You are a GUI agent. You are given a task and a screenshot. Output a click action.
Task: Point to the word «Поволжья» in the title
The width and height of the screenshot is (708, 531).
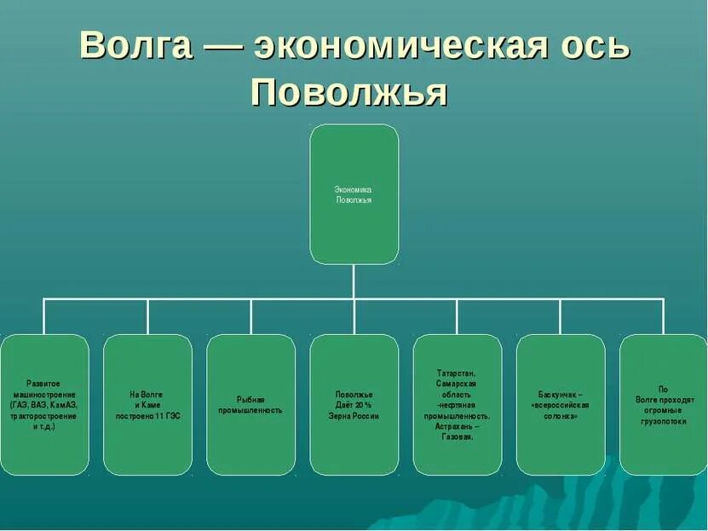pos(349,93)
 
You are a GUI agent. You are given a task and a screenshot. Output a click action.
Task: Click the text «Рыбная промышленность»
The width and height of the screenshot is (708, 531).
pos(250,405)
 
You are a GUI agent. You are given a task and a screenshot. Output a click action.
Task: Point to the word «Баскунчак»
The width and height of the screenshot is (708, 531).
pos(556,395)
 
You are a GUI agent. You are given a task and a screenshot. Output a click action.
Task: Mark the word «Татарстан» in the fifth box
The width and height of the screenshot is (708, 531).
pos(458,373)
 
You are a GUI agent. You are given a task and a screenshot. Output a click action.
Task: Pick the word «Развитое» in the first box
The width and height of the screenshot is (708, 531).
pos(43,384)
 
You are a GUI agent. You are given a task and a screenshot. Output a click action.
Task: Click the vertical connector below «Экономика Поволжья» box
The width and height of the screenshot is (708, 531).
pos(354,281)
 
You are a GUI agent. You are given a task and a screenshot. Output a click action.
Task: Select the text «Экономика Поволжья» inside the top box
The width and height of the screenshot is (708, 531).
pos(354,194)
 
